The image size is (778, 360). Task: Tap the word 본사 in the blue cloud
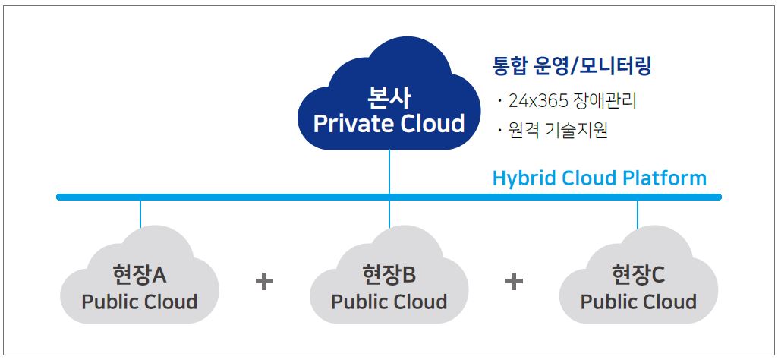[x=389, y=98]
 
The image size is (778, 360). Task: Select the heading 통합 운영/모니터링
[x=571, y=66]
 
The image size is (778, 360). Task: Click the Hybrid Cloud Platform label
[x=600, y=178]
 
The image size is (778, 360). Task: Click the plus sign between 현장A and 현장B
[x=264, y=282]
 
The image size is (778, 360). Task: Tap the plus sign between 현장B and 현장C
[x=514, y=282]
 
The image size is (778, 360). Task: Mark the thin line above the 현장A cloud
[x=140, y=214]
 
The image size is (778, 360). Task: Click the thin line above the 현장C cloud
[x=638, y=214]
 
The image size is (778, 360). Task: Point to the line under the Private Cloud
[x=389, y=172]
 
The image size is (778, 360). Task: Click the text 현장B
[x=389, y=274]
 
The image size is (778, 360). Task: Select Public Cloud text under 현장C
[x=638, y=302]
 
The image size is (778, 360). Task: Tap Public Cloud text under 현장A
[x=140, y=302]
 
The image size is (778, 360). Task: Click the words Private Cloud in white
[x=389, y=123]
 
